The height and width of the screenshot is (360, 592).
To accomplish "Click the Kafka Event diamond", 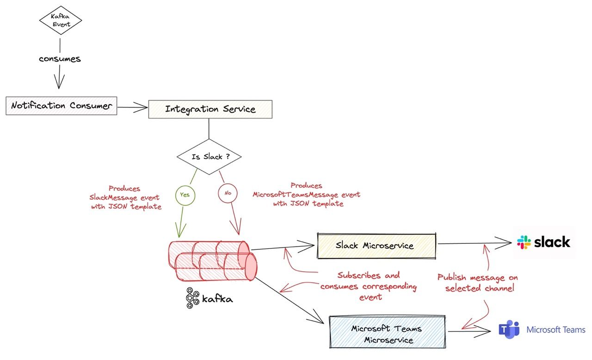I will point(60,20).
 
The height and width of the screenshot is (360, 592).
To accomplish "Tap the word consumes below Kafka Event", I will point(60,59).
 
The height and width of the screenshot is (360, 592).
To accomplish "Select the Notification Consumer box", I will point(62,106).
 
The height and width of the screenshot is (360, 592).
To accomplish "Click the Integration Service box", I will point(210,109).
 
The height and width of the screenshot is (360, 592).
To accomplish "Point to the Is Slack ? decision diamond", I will point(210,156).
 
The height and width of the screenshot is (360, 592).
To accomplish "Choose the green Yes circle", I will point(185,195).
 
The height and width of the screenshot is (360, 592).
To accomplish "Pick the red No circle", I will point(228,193).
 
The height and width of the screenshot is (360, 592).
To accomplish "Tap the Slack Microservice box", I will point(376,245).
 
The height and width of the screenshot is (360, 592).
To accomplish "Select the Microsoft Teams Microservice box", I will point(387,334).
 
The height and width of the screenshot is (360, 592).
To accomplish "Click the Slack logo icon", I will point(524,242).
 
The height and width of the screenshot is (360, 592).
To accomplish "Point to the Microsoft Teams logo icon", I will point(509,329).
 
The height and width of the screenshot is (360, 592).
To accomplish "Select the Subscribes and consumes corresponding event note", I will point(368,286).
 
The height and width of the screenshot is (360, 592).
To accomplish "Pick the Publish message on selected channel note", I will point(478,283).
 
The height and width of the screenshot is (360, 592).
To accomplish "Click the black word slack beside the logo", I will point(552,242).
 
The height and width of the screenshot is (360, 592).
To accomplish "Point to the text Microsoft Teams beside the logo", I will point(556,330).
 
